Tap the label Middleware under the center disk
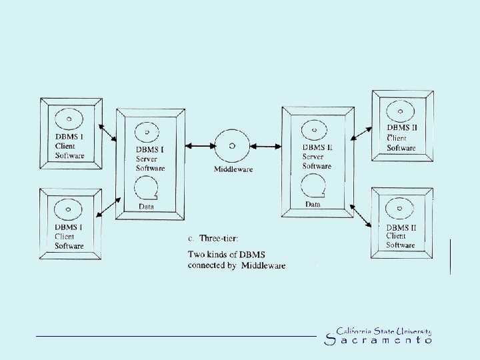tap(233, 169)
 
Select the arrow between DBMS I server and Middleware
tap(200, 145)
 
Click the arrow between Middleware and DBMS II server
tap(266, 146)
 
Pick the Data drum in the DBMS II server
tap(313, 186)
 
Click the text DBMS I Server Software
tap(150, 159)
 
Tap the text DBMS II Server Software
tap(317, 157)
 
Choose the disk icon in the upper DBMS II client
tap(401, 109)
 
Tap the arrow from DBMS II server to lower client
tap(360, 215)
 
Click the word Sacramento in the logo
tap(378, 340)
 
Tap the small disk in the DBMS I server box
tap(147, 131)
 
